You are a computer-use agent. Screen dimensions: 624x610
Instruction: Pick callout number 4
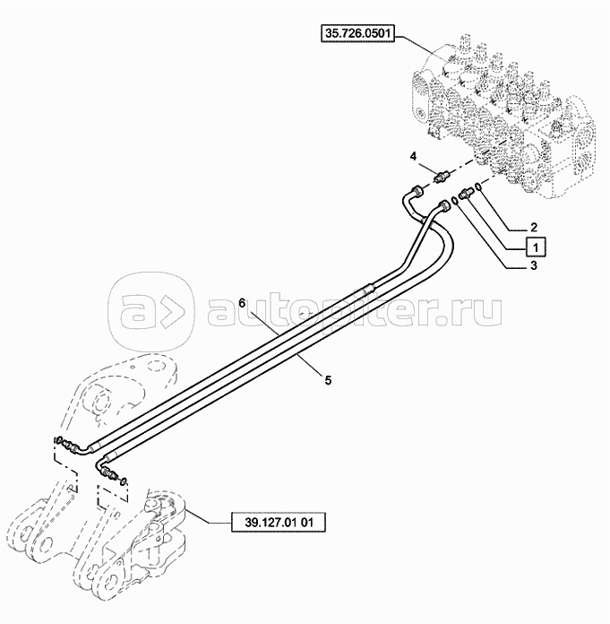(413, 157)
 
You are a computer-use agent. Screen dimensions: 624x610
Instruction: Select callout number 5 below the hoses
(328, 379)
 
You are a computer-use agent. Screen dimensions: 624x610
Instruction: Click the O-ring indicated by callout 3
(456, 201)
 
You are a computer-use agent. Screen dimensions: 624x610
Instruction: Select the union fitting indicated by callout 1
(467, 193)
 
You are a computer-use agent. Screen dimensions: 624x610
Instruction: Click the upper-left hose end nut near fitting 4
(417, 190)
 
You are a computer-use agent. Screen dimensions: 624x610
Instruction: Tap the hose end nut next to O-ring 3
(443, 207)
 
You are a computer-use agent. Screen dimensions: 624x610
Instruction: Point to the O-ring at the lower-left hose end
(125, 483)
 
